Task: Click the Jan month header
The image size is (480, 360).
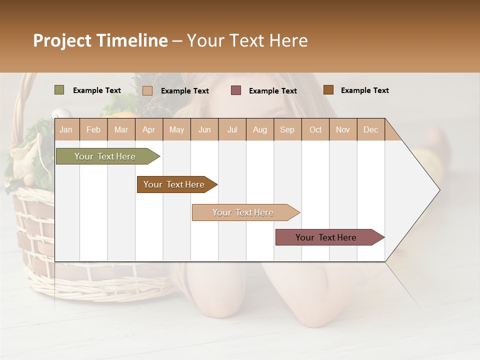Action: [66, 129]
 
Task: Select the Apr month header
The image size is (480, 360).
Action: [148, 129]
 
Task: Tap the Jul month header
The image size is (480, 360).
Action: [232, 129]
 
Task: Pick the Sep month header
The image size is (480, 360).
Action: [287, 129]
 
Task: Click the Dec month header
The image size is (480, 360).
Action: [370, 129]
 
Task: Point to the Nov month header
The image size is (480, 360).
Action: [342, 129]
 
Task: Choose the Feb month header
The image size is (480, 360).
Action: [93, 129]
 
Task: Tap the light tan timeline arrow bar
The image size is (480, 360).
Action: [243, 212]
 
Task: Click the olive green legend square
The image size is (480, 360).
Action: [59, 90]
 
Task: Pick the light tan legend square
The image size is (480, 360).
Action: [147, 90]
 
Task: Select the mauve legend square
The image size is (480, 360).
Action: [236, 90]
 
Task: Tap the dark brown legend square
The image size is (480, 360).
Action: [328, 89]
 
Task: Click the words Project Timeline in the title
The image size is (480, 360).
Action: [100, 40]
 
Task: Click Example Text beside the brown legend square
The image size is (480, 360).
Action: [364, 90]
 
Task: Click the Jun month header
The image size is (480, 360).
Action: [204, 129]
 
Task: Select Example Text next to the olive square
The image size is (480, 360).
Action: [96, 90]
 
